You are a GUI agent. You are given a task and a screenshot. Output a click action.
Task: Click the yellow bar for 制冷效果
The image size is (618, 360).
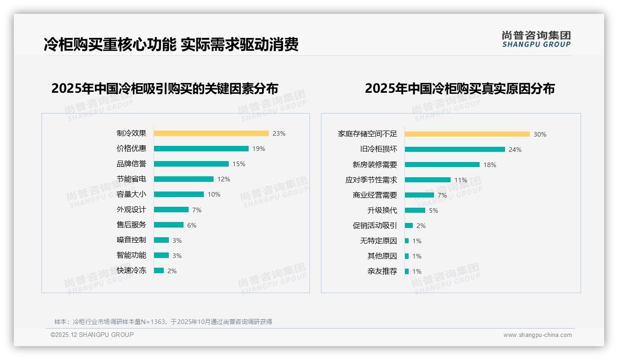tap(211, 133)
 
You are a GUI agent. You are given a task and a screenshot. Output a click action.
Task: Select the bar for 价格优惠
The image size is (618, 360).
tap(201, 149)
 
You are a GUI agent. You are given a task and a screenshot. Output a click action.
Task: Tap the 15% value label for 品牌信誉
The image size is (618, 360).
tap(239, 164)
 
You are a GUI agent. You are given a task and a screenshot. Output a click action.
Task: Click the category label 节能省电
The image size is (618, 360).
tap(131, 179)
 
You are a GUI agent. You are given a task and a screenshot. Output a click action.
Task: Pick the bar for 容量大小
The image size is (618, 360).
tap(179, 194)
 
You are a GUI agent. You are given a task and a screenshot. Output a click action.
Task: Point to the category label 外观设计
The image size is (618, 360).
tap(131, 210)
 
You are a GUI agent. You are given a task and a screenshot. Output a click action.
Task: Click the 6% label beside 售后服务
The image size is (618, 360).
tap(192, 225)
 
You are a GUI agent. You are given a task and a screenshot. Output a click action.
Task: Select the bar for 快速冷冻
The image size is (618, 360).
tap(159, 270)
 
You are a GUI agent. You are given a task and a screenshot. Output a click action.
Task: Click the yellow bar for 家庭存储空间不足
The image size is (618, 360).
tap(467, 134)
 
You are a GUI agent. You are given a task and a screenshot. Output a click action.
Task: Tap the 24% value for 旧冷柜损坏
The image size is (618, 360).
tap(515, 150)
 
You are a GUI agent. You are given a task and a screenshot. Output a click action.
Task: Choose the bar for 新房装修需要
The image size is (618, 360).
tap(442, 165)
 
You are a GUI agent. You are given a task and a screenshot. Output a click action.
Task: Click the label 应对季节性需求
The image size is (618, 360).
tap(371, 180)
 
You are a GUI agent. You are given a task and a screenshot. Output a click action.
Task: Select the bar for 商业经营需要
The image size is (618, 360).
tap(419, 195)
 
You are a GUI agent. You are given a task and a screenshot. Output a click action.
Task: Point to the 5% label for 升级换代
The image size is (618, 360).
tap(434, 210)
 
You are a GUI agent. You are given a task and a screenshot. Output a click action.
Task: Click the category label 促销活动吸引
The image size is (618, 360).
tap(374, 226)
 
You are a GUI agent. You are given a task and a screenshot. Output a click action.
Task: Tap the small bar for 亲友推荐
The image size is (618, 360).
tap(407, 271)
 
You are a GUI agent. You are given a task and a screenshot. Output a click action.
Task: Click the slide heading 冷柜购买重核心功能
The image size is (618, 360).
tap(110, 44)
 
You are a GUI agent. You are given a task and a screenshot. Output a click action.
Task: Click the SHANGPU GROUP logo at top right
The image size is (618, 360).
tap(536, 39)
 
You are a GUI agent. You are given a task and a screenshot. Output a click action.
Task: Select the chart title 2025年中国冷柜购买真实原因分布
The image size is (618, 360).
tap(460, 89)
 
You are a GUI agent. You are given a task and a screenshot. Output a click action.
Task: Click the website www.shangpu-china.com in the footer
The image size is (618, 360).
tap(537, 335)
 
